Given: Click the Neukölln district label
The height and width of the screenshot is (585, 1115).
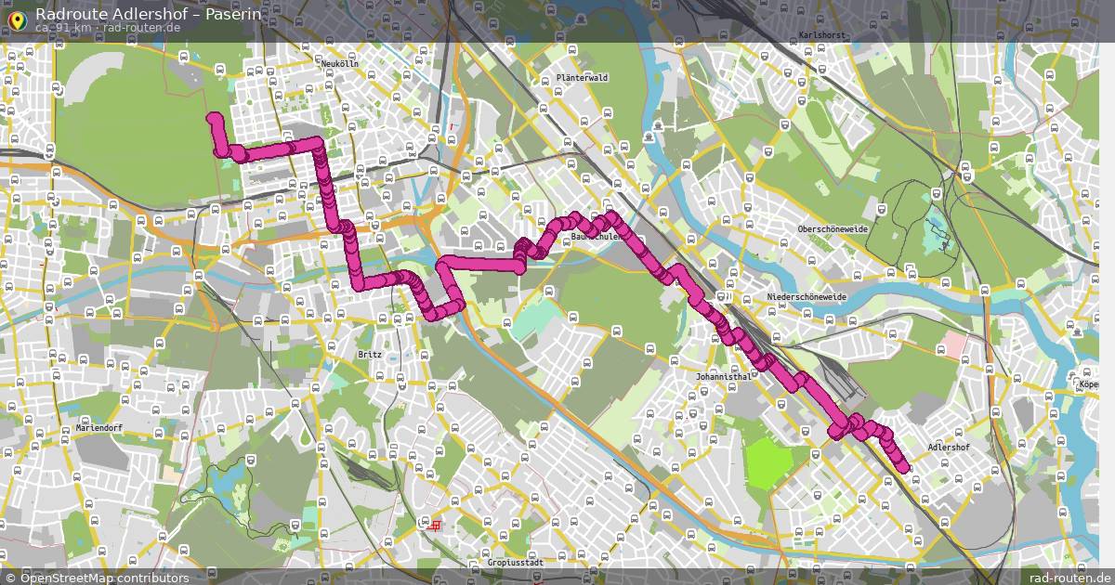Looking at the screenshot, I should (x=339, y=63).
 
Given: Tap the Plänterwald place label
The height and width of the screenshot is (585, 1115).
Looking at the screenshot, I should (x=582, y=78).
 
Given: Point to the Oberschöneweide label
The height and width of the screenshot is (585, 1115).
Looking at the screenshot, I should (x=832, y=228).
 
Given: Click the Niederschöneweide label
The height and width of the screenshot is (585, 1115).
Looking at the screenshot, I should (x=807, y=296).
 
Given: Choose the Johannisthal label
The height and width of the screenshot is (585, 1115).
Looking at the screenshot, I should (x=723, y=377).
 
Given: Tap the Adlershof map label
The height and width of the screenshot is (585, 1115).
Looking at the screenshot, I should (x=948, y=448).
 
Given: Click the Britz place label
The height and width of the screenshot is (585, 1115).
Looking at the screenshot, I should (x=368, y=354).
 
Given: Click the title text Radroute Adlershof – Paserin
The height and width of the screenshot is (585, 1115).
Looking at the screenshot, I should (x=148, y=14).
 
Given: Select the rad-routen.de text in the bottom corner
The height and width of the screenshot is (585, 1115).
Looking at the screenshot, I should (x=1076, y=578).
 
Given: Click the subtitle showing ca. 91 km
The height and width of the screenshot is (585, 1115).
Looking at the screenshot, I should (x=63, y=28).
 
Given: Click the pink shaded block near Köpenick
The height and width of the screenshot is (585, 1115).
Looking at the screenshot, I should (x=953, y=345).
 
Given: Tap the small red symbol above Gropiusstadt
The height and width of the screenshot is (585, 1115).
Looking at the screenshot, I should (x=433, y=525).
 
